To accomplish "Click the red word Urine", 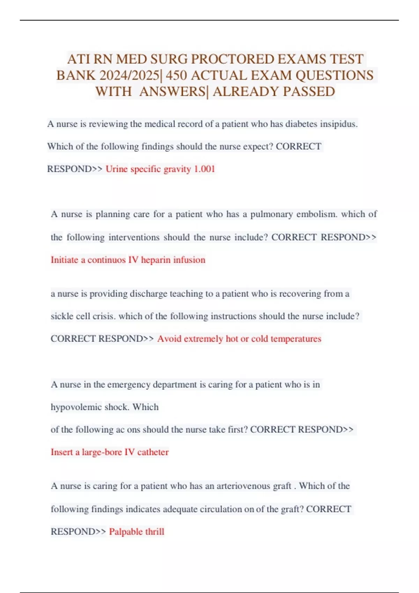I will pyautogui.click(x=117, y=169).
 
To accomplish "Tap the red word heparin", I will pyautogui.click(x=156, y=260).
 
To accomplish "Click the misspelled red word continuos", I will pyautogui.click(x=106, y=260).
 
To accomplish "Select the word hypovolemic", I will pyautogui.click(x=76, y=407).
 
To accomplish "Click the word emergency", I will pyautogui.click(x=129, y=384).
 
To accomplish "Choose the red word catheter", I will pyautogui.click(x=153, y=452).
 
